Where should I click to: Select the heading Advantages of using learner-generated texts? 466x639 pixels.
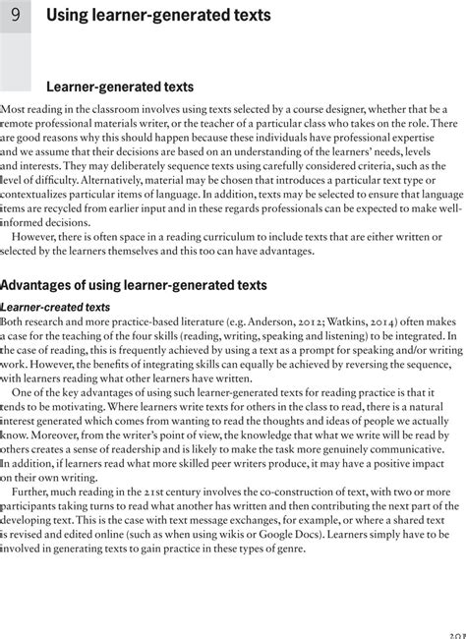point(134,286)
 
